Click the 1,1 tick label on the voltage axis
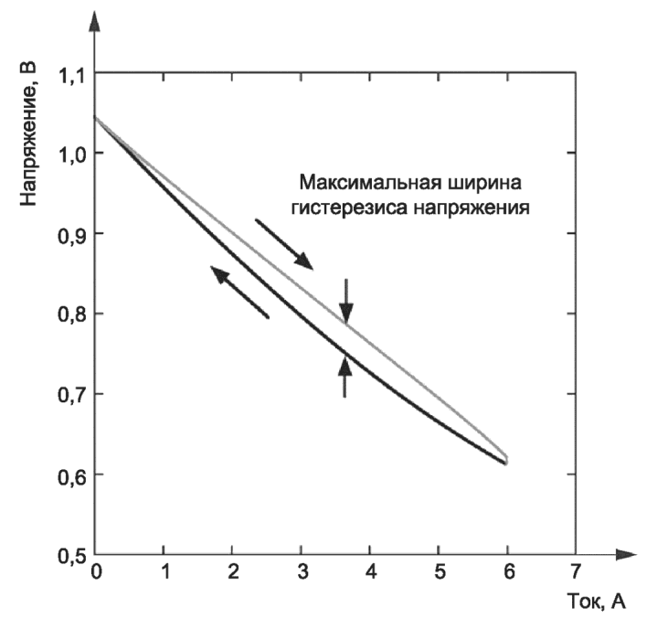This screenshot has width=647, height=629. click(71, 77)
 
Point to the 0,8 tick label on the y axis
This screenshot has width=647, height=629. click(71, 314)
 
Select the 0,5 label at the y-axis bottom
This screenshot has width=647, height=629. click(71, 556)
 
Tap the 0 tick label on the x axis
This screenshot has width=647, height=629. click(96, 572)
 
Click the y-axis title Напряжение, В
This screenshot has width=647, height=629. click(28, 133)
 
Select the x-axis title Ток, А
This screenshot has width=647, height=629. click(596, 602)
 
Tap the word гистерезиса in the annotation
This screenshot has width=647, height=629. click(349, 208)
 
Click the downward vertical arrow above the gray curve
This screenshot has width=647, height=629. click(346, 302)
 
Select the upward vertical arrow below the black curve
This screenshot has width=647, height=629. click(345, 377)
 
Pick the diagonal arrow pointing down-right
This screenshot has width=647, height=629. click(284, 244)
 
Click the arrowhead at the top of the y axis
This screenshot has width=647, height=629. click(95, 21)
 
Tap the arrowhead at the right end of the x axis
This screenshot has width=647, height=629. click(626, 555)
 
